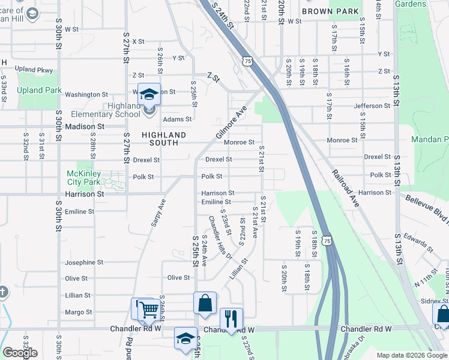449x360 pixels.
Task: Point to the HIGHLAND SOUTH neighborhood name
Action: pos(160,139)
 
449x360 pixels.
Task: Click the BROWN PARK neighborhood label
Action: pos(330,11)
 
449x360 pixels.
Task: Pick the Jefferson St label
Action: pos(372,106)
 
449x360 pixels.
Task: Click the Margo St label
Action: pos(78,312)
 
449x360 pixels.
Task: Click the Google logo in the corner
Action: pos(20,353)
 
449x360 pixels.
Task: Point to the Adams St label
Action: pos(177,119)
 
